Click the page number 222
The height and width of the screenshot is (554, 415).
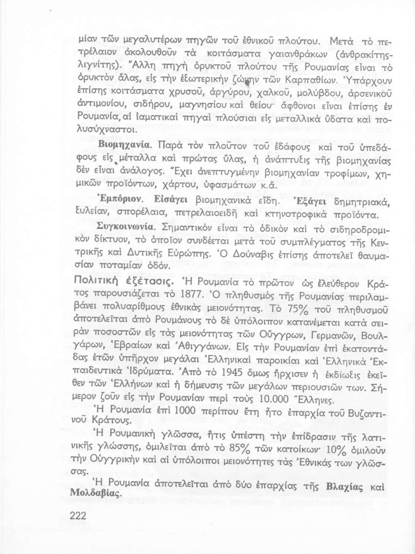coord(78,515)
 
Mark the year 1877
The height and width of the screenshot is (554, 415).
coord(181,296)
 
